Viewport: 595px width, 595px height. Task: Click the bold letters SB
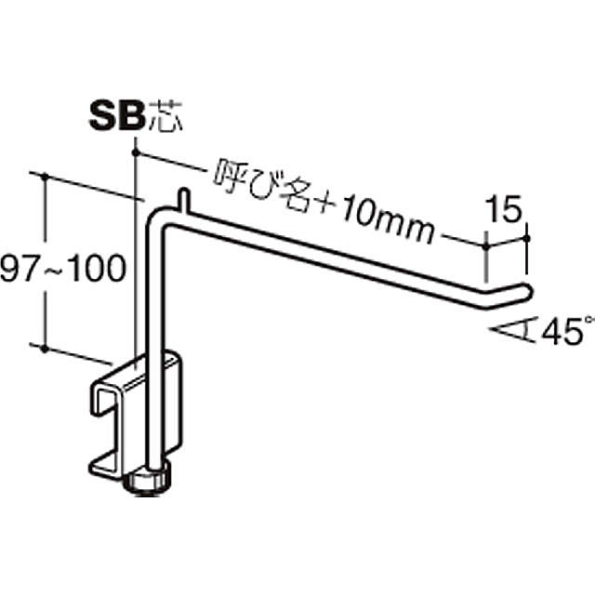pyautogui.click(x=117, y=115)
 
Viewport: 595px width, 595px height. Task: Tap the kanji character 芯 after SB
pyautogui.click(x=165, y=115)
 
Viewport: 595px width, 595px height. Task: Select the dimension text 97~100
pyautogui.click(x=62, y=269)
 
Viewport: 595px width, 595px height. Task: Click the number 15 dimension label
pyautogui.click(x=505, y=208)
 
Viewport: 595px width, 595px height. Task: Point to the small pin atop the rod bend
pyautogui.click(x=183, y=199)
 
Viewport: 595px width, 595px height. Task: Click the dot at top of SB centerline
pyautogui.click(x=135, y=152)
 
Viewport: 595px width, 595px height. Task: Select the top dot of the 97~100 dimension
pyautogui.click(x=45, y=177)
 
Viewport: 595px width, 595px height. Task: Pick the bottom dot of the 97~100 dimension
pyautogui.click(x=45, y=348)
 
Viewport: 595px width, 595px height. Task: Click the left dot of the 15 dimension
pyautogui.click(x=486, y=246)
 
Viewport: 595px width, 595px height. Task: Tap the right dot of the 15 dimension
pyautogui.click(x=526, y=238)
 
